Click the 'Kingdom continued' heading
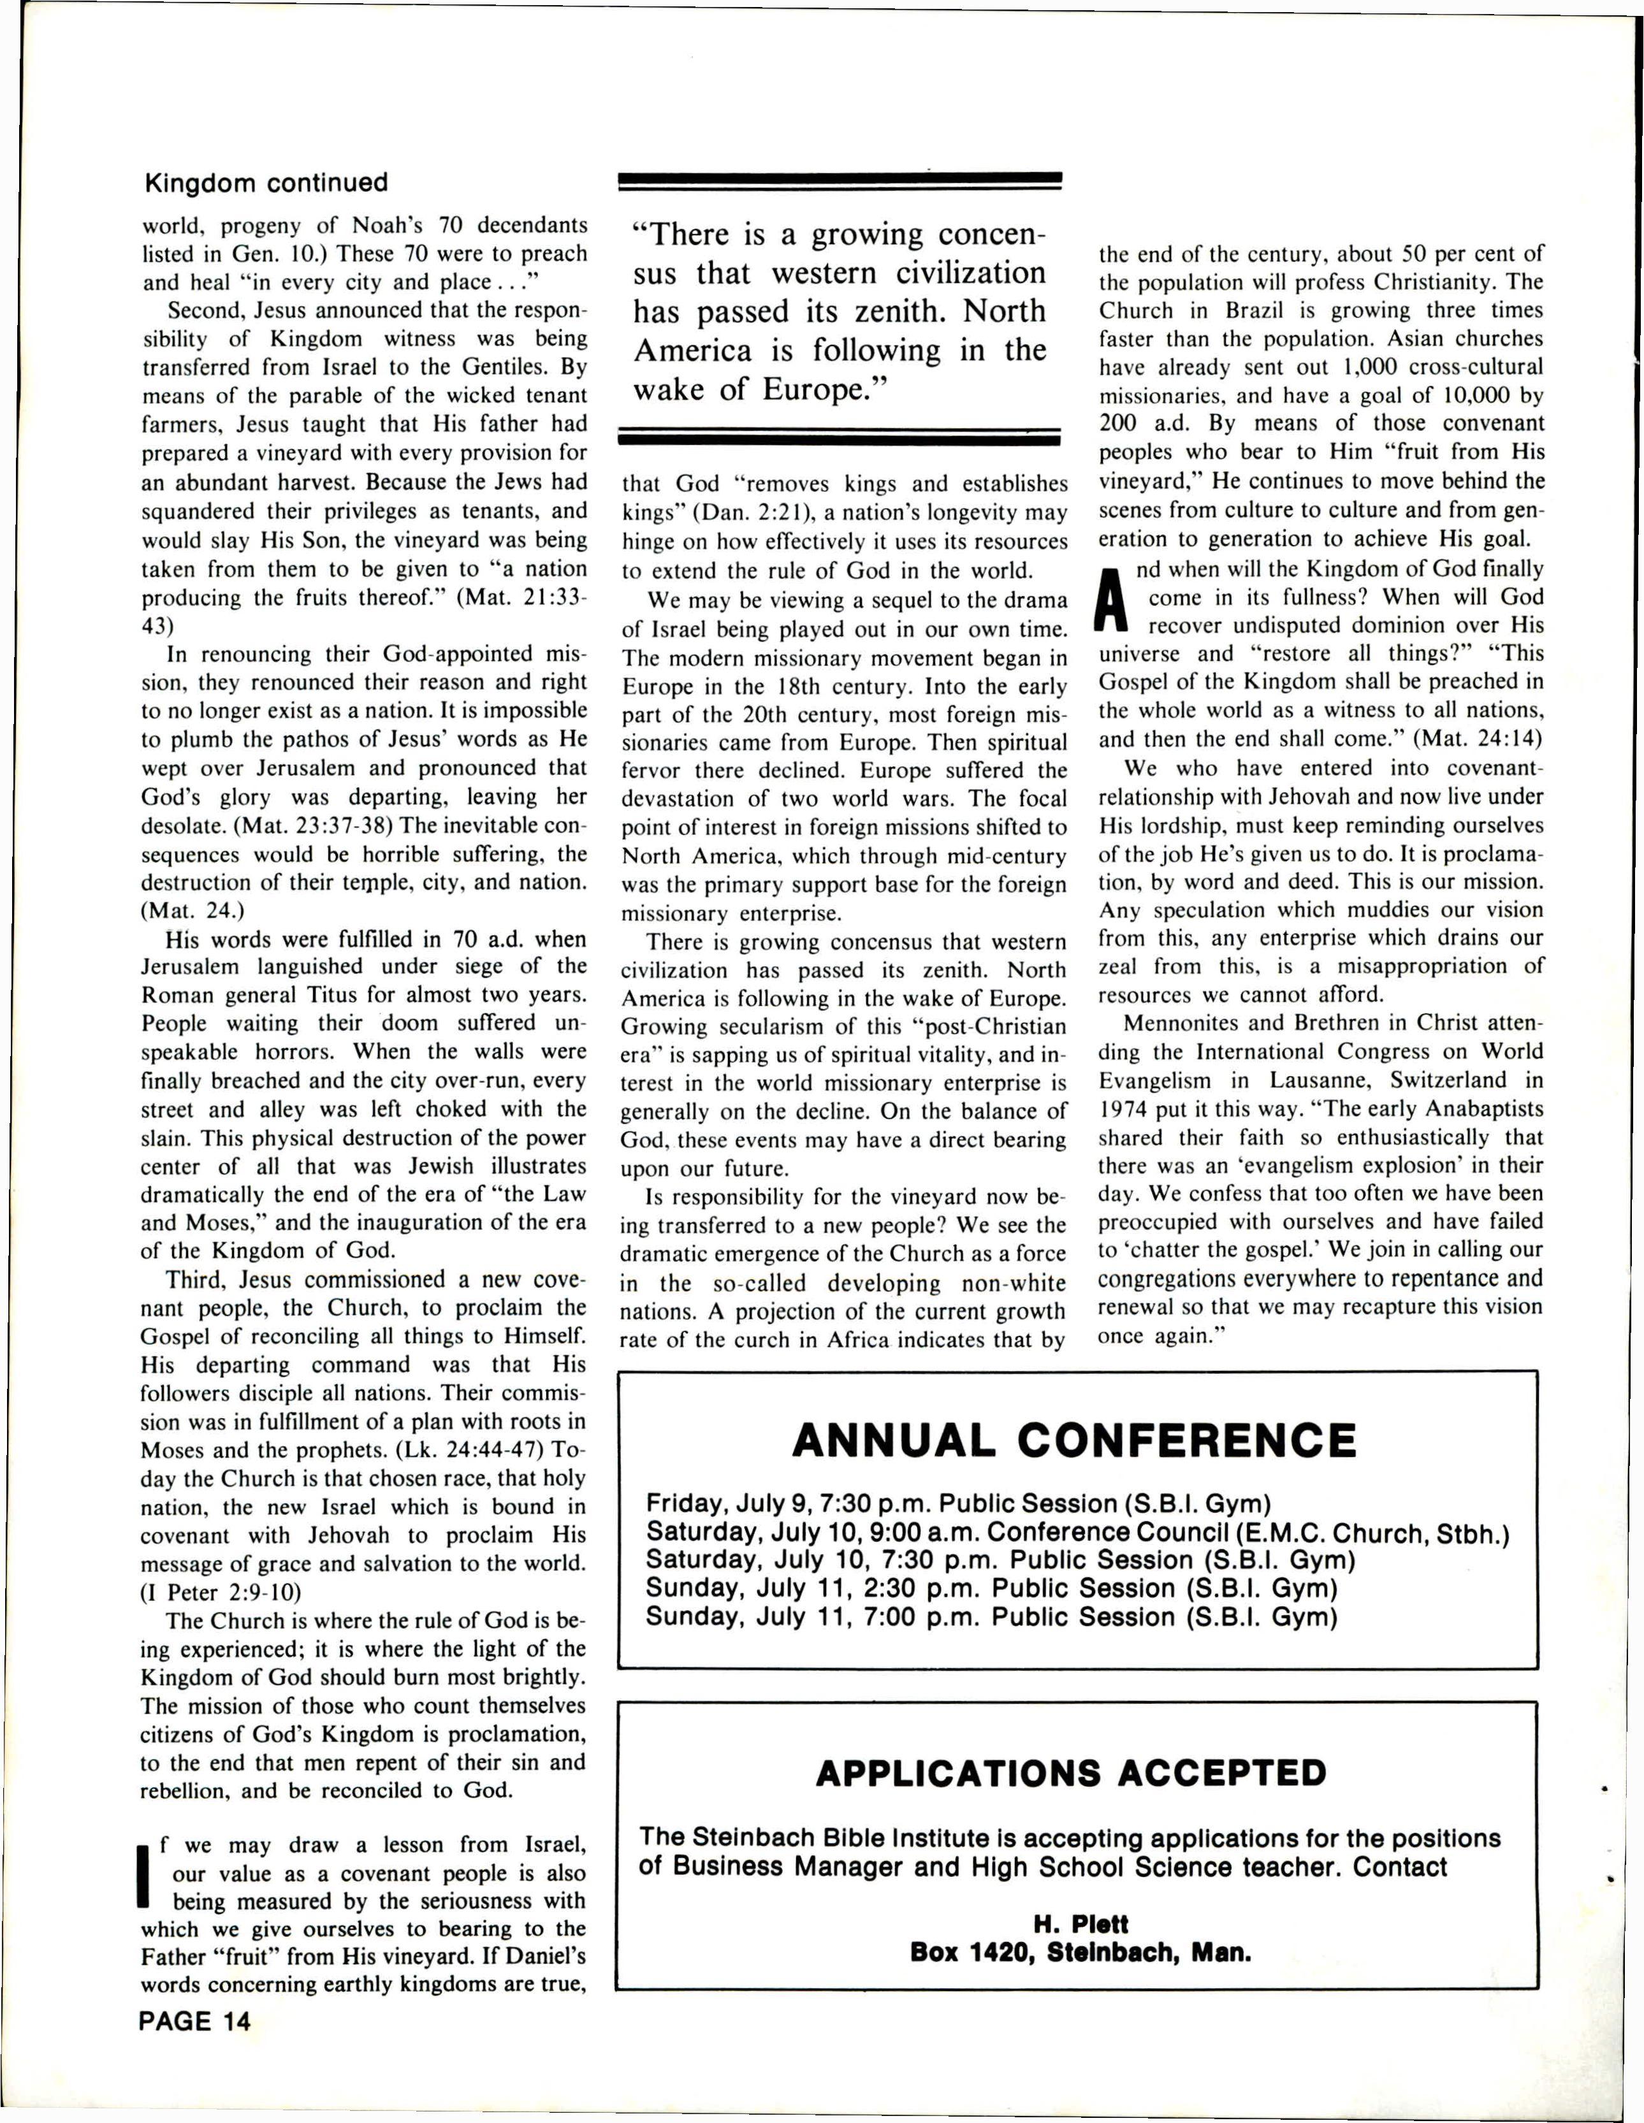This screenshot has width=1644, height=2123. click(265, 183)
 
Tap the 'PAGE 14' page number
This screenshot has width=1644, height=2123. click(194, 2022)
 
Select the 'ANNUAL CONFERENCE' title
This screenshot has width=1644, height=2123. click(1073, 1440)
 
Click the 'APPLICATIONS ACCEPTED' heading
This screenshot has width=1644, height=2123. click(1070, 1773)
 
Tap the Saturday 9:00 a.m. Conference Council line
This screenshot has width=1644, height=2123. click(1077, 1532)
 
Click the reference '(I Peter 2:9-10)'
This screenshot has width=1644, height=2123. click(221, 1592)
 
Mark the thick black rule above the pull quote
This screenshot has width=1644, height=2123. click(840, 179)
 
